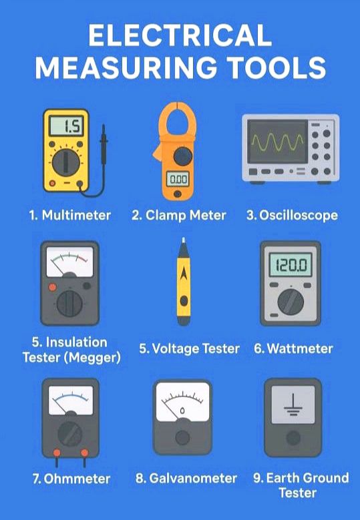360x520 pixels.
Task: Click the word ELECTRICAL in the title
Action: tap(180, 35)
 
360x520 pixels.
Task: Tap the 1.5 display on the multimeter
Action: tap(66, 125)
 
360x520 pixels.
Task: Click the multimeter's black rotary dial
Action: tap(66, 162)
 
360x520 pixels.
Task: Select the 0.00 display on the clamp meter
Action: tap(178, 180)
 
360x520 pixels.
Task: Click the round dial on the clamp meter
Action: tap(183, 156)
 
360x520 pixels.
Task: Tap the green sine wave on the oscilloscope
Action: tap(277, 142)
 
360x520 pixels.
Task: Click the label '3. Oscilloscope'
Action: tap(292, 215)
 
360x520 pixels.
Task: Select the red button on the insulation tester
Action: tap(52, 287)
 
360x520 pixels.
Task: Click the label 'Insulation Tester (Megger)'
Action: tap(71, 350)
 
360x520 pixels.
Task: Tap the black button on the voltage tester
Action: tap(184, 301)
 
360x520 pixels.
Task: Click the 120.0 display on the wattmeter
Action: tap(291, 264)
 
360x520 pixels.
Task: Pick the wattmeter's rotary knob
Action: tap(291, 302)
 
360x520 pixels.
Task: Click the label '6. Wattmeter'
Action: tap(293, 348)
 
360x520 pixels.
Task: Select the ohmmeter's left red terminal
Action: tap(57, 453)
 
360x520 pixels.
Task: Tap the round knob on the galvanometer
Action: tap(182, 437)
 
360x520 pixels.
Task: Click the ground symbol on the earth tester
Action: tap(293, 405)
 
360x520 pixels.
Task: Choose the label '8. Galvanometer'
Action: tap(186, 478)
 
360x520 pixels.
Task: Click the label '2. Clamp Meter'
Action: tap(178, 215)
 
